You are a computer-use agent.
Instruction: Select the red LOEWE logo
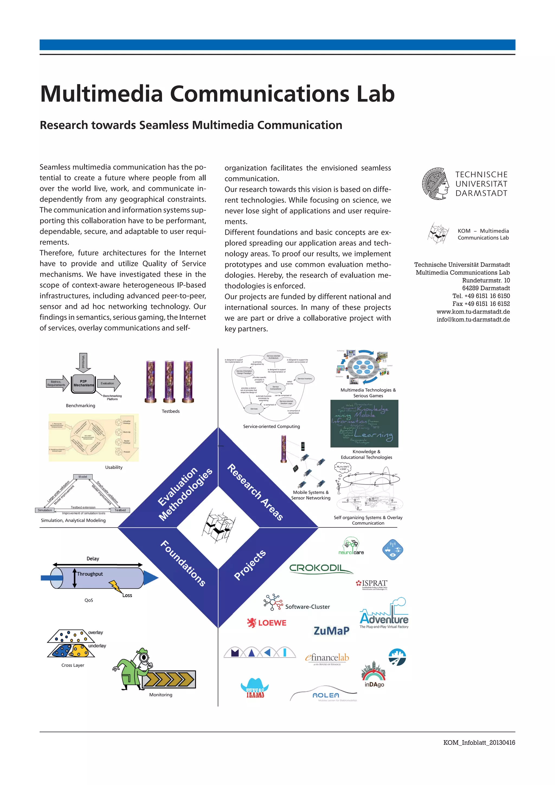pyautogui.click(x=267, y=623)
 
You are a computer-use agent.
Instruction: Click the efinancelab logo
pyautogui.click(x=327, y=658)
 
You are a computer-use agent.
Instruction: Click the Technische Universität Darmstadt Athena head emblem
pyautogui.click(x=435, y=184)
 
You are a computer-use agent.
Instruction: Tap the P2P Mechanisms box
pyautogui.click(x=83, y=383)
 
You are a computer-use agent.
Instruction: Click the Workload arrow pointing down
pyautogui.click(x=83, y=362)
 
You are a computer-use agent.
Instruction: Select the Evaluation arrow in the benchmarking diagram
pyautogui.click(x=109, y=383)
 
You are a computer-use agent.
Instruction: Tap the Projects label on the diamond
pyautogui.click(x=250, y=565)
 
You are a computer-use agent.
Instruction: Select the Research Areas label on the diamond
pyautogui.click(x=255, y=492)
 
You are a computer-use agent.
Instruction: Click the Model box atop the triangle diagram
pyautogui.click(x=83, y=477)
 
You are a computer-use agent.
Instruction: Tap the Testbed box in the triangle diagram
pyautogui.click(x=120, y=510)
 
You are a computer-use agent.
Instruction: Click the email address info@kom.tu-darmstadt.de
pyautogui.click(x=473, y=320)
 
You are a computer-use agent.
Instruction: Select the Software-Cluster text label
pyautogui.click(x=308, y=607)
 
